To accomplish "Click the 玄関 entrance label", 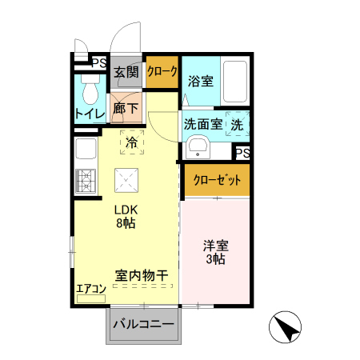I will (x=126, y=72).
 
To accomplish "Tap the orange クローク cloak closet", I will (x=162, y=72).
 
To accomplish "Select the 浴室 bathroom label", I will (x=201, y=81).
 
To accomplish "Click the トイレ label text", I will (x=90, y=114).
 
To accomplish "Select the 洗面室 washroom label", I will (x=202, y=125).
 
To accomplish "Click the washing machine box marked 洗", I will (x=238, y=125).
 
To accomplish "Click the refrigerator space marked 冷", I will (x=132, y=144).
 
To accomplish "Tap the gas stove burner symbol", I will (x=85, y=182).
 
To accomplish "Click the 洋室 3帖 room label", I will (x=213, y=253).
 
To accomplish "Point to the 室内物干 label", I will (x=141, y=276).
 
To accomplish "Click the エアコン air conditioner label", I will (x=91, y=289).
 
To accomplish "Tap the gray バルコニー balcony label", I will (x=144, y=325).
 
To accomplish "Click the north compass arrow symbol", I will (x=286, y=328).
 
